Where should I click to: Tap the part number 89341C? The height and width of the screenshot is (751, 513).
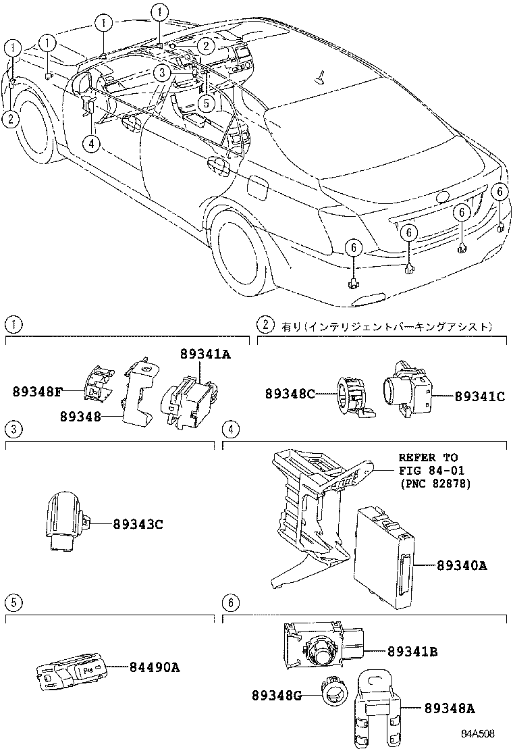[479, 397]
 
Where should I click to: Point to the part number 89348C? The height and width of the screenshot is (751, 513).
[290, 393]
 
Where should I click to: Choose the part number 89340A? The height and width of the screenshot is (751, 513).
[462, 565]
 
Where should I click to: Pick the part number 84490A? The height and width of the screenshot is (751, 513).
[154, 667]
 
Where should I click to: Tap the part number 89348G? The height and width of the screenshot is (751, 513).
[277, 695]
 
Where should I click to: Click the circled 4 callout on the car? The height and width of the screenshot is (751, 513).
[91, 142]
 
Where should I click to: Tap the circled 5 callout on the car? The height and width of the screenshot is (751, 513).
[207, 103]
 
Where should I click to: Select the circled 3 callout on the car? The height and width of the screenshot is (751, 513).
[160, 72]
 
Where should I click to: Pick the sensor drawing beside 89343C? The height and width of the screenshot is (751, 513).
[65, 521]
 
